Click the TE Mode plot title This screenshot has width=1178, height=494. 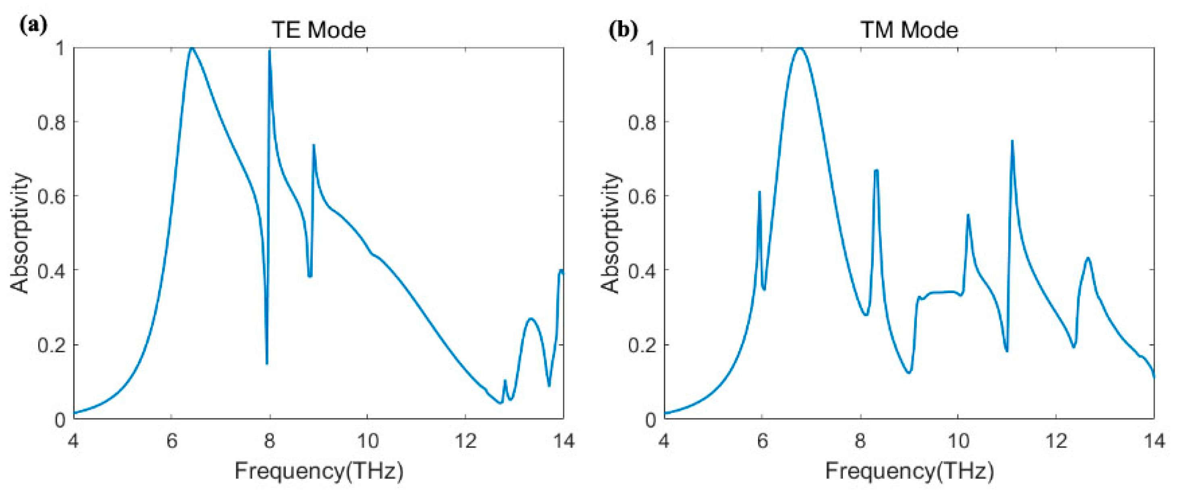[x=319, y=30]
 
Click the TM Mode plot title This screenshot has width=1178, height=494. [x=909, y=30]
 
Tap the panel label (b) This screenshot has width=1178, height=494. [x=623, y=30]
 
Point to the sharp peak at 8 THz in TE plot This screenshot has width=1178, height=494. [x=269, y=51]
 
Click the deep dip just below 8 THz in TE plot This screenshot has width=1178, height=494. [x=267, y=363]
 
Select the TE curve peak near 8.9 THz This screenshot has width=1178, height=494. [x=314, y=145]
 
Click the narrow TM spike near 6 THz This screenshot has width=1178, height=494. [x=759, y=192]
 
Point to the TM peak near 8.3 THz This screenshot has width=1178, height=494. [x=876, y=170]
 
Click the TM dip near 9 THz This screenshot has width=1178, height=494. [x=909, y=372]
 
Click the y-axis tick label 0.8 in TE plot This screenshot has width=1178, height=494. [x=51, y=122]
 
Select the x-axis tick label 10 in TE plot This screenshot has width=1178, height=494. [x=367, y=441]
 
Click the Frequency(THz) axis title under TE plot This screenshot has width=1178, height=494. [x=319, y=471]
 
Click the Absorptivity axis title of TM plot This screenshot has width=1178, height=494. [x=610, y=233]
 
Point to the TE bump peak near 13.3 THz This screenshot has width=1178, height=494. [x=530, y=318]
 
